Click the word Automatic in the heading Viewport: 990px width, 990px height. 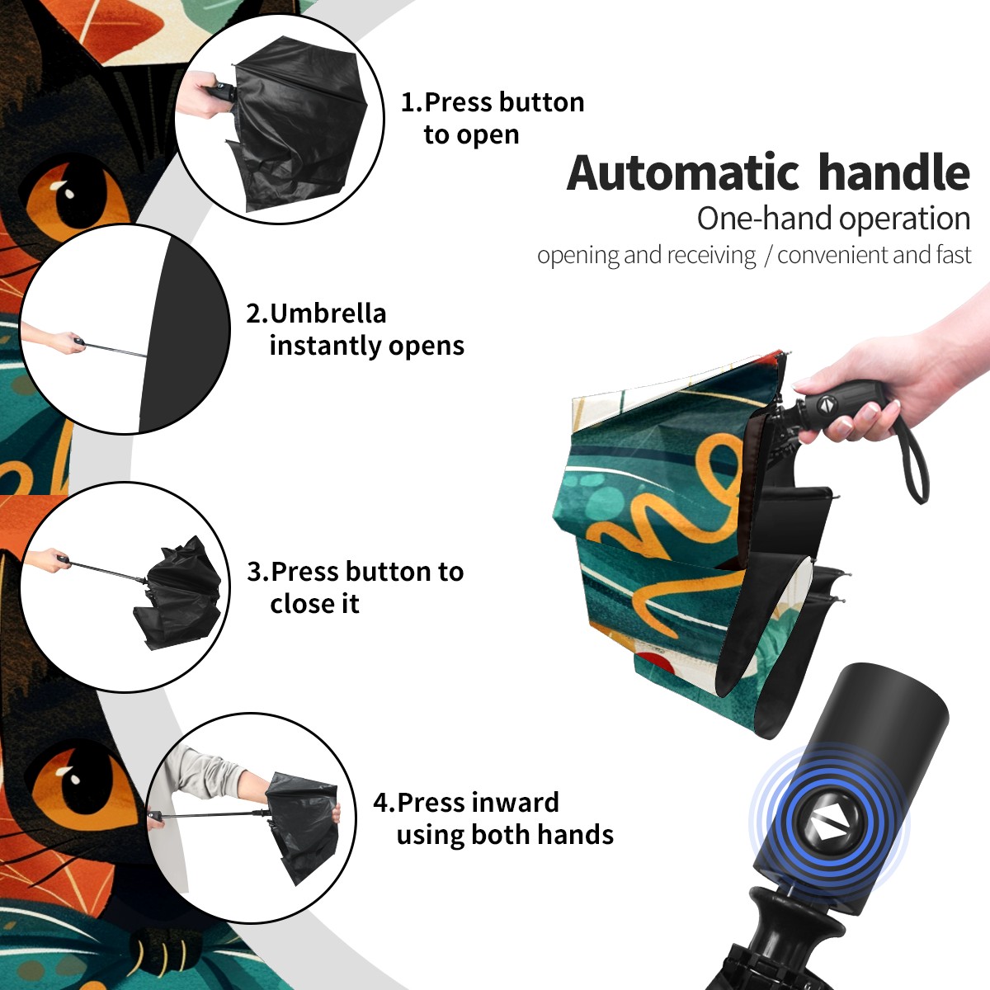pos(683,172)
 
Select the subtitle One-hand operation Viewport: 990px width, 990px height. pos(833,219)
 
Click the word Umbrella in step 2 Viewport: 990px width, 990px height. pos(328,313)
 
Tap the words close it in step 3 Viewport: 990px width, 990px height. pos(314,604)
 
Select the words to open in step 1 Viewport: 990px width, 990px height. pos(472,135)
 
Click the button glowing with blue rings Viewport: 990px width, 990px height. pos(827,826)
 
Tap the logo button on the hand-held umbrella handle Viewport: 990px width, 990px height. pos(827,404)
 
